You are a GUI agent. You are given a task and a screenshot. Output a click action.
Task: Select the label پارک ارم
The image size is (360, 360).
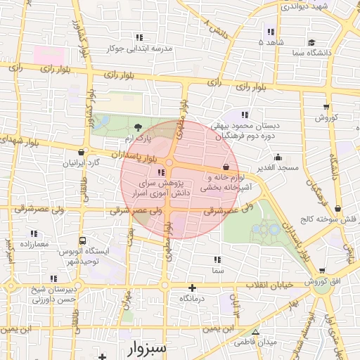point(139,140)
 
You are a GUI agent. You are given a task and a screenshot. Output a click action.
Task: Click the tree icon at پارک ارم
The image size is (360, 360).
point(138,127)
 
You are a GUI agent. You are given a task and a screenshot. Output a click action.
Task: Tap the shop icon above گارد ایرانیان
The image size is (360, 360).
point(82,152)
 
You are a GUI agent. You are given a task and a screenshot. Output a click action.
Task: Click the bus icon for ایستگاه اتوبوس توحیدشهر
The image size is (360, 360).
point(83,240)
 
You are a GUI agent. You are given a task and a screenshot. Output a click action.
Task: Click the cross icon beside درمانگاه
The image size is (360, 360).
point(192,288)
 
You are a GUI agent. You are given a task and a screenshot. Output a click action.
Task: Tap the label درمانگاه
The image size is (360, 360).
point(192,299)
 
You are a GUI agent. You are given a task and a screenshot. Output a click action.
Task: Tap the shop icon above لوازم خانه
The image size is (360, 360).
point(225,167)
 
